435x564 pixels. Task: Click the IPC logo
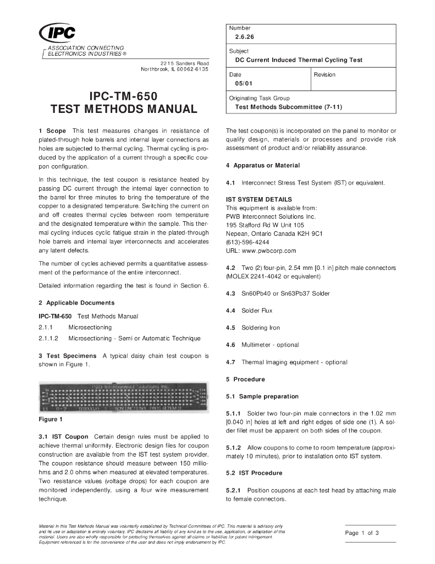point(57,34)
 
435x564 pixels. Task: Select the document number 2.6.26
point(245,37)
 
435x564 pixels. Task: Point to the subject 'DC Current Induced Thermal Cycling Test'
point(299,60)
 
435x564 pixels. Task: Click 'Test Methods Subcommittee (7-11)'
point(288,107)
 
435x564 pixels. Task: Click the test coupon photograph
point(123,398)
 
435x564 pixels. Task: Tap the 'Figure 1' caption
point(50,420)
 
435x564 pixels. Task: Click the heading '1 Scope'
point(52,131)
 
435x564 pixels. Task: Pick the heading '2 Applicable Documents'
point(76,303)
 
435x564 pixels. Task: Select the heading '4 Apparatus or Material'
point(263,165)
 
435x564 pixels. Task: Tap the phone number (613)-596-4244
point(247,242)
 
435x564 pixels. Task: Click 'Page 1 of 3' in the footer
point(362,533)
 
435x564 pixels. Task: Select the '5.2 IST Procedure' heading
point(254,473)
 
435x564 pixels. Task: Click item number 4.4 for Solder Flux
point(230,311)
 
